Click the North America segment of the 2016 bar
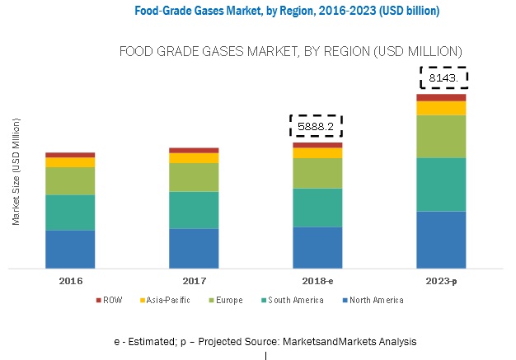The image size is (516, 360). tap(70, 249)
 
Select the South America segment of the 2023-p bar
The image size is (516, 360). tap(441, 185)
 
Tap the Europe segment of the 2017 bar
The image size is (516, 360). tap(194, 177)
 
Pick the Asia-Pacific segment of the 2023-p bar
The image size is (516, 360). tap(441, 108)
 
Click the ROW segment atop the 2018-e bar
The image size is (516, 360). tap(317, 145)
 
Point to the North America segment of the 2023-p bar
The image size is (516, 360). tap(441, 240)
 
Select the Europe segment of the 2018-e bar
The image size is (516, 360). tap(317, 173)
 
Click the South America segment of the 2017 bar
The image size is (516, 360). tap(194, 210)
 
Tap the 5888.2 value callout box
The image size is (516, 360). tap(316, 126)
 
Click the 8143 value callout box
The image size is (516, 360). tap(443, 78)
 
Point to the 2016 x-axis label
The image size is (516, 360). tap(70, 281)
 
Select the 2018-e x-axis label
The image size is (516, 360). tap(317, 281)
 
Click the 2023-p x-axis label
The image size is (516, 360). tap(441, 281)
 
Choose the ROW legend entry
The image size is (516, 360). tap(110, 301)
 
